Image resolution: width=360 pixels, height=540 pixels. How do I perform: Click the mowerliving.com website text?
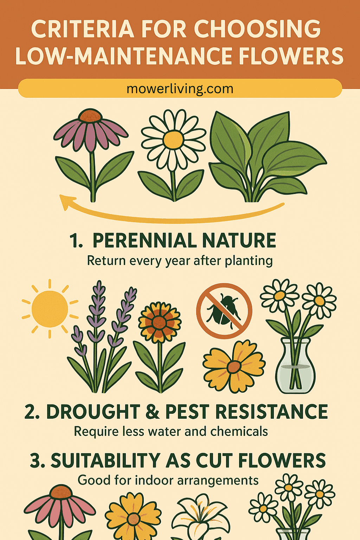[x=180, y=89]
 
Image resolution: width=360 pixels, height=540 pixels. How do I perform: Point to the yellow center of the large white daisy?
[x=173, y=140]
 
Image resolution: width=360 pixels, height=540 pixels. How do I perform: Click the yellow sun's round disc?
[x=50, y=309]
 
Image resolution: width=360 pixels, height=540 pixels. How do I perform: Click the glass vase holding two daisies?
[x=295, y=366]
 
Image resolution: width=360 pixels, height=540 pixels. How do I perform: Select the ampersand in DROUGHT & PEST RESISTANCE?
[x=152, y=412]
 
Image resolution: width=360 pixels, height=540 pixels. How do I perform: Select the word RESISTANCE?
[x=271, y=412]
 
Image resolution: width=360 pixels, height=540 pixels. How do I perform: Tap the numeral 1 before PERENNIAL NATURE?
[x=73, y=240]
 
